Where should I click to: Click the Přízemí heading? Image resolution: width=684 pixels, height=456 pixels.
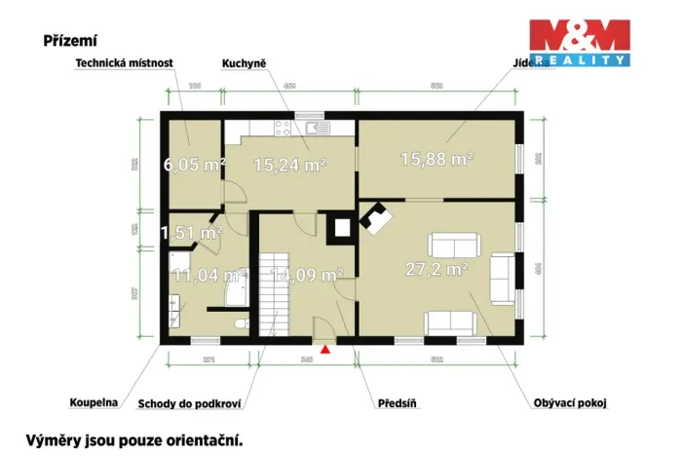point(69,41)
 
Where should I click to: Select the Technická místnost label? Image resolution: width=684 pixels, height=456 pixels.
point(124,63)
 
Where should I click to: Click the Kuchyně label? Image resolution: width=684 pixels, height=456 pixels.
point(245,63)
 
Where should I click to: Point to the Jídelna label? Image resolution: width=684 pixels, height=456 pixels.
point(527,63)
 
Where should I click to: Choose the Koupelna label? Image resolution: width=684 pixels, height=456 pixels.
point(95,401)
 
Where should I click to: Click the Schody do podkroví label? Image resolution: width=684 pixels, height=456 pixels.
point(189,401)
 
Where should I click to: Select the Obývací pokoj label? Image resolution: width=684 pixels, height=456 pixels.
point(570,401)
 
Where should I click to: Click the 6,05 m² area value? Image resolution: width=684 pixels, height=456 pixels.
point(195,164)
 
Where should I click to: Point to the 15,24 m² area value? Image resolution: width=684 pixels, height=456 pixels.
point(289,166)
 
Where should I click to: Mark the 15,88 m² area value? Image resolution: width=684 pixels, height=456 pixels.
point(437,158)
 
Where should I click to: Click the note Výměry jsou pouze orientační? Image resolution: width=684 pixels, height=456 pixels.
point(133,440)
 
